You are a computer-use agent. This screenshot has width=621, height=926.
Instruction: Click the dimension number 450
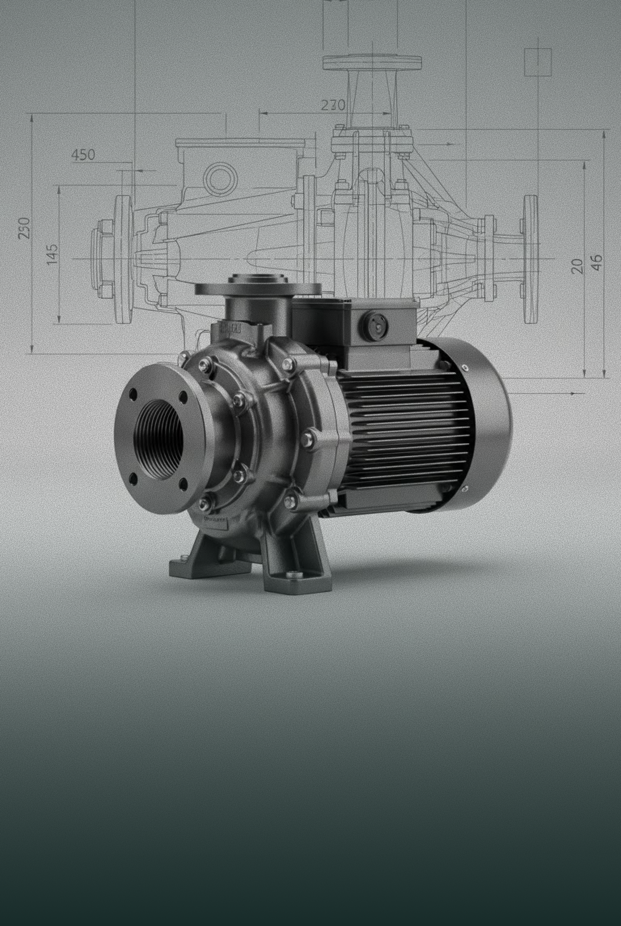tap(83, 155)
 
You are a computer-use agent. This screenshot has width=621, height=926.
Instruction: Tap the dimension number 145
tap(52, 254)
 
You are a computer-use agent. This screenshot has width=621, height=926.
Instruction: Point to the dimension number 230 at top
tap(333, 105)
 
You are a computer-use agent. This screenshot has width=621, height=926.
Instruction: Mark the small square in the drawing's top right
tap(538, 62)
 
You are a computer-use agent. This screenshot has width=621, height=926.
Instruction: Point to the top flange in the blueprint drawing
tap(372, 63)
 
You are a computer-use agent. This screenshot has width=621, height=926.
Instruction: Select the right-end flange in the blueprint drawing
tap(531, 259)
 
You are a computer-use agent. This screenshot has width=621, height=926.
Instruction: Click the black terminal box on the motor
tap(354, 317)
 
